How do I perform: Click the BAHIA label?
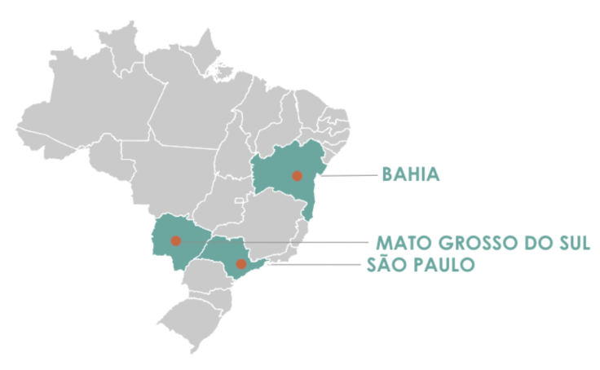tap(410, 174)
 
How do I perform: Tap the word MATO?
tap(399, 244)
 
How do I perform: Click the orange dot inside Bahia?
tap(297, 175)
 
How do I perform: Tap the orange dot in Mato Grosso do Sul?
tap(175, 240)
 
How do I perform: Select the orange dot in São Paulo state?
tap(240, 263)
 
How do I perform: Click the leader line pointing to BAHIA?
tap(351, 175)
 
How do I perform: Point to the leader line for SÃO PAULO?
tap(318, 264)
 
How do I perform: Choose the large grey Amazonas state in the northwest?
tap(90, 114)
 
